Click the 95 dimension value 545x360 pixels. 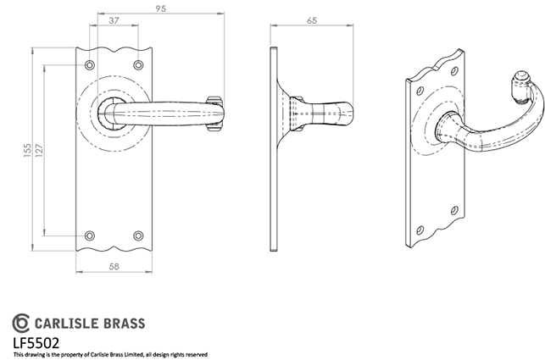pyautogui.click(x=160, y=8)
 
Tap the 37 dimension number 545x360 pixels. pyautogui.click(x=114, y=20)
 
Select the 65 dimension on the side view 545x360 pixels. pyautogui.click(x=312, y=20)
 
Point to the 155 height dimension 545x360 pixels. pyautogui.click(x=27, y=150)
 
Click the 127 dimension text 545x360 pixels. pyautogui.click(x=39, y=150)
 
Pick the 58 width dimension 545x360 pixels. pyautogui.click(x=114, y=267)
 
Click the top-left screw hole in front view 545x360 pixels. pyautogui.click(x=90, y=65)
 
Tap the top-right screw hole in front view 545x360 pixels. pyautogui.click(x=138, y=65)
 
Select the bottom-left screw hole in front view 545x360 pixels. pyautogui.click(x=90, y=235)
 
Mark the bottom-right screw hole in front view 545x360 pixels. pyautogui.click(x=138, y=235)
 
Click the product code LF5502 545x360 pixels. pyautogui.click(x=36, y=343)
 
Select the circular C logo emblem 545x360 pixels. pyautogui.click(x=21, y=323)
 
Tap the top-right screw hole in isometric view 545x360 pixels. pyautogui.click(x=454, y=71)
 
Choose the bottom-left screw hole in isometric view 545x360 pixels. pyautogui.click(x=420, y=230)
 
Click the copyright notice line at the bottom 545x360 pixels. pyautogui.click(x=110, y=355)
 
